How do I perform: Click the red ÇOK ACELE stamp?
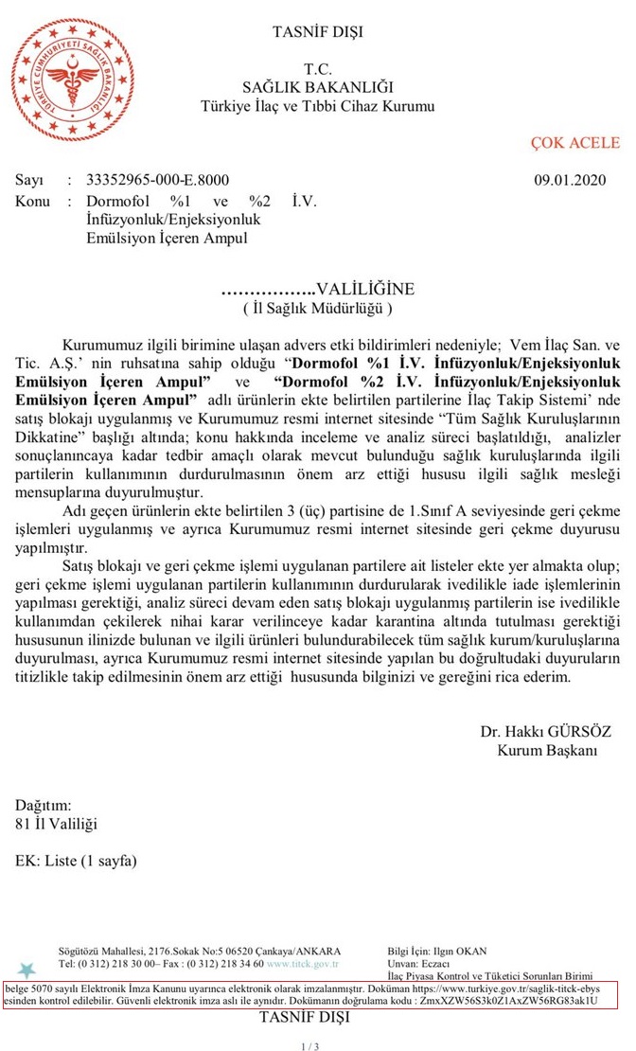click(x=574, y=143)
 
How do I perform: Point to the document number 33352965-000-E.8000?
click(x=157, y=180)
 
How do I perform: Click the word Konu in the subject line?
click(x=32, y=201)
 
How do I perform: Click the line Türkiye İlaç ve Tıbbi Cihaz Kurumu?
click(x=317, y=106)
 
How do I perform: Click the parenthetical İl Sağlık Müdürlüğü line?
click(x=317, y=307)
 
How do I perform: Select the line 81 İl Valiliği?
click(x=56, y=824)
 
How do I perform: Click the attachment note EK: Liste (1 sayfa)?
click(x=76, y=861)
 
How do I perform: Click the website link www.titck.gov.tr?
click(x=303, y=964)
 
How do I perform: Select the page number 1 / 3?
click(x=310, y=1046)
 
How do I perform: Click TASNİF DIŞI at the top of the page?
click(x=317, y=32)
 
